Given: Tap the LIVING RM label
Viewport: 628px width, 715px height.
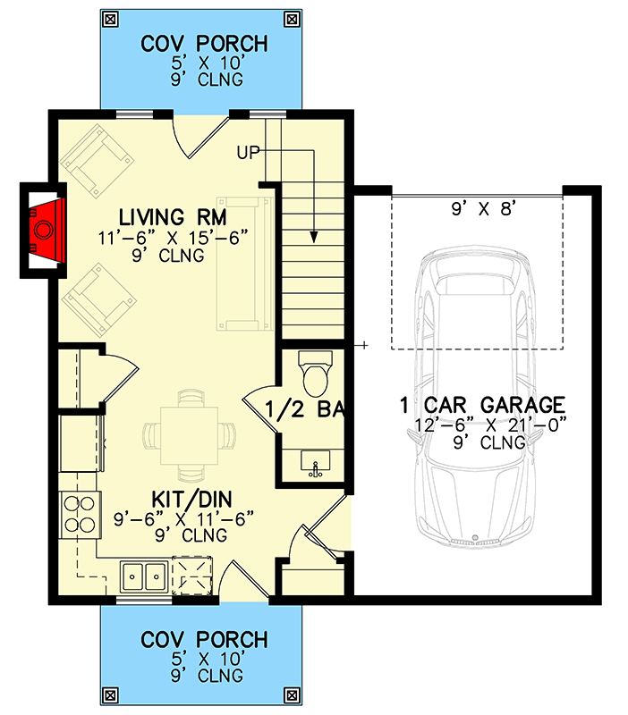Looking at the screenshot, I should [173, 217].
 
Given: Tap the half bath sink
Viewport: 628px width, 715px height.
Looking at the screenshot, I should [314, 464].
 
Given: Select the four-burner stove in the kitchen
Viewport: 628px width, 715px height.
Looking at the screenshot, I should [78, 515].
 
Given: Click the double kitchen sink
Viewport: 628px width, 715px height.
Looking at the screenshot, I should [143, 576].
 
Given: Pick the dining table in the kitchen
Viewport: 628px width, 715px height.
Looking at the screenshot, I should [189, 434].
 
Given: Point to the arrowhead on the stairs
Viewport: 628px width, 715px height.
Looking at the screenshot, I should [315, 237].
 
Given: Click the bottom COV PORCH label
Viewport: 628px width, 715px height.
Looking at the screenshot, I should [204, 640].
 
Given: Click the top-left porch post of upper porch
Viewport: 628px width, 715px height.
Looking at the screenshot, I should [111, 18].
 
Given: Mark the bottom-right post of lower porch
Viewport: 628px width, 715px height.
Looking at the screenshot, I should [292, 694].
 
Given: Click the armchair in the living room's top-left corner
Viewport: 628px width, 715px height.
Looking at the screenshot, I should [97, 161].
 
